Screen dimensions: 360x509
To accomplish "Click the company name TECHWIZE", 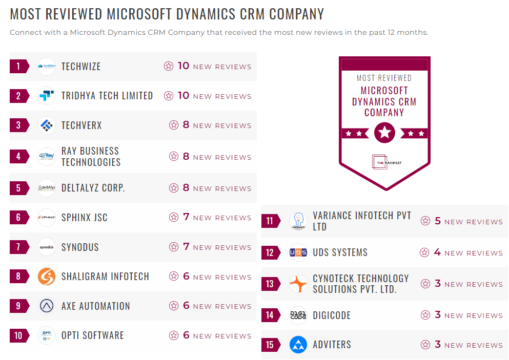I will [x=81, y=67].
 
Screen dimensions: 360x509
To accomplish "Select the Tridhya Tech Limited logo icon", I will [x=47, y=96].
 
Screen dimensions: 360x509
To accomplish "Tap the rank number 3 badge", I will [x=18, y=125].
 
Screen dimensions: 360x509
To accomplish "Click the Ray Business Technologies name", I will [x=91, y=157].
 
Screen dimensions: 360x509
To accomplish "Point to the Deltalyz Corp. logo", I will [x=47, y=188].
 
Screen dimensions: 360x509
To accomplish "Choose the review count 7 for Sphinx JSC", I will [x=186, y=217].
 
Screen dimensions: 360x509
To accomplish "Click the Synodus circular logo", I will [x=47, y=247].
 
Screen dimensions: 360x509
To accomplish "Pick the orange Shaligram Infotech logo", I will [x=47, y=277].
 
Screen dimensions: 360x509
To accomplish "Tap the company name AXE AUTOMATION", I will [x=95, y=306].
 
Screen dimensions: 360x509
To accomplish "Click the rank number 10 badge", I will [x=18, y=335].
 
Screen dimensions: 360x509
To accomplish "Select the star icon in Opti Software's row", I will [x=174, y=335].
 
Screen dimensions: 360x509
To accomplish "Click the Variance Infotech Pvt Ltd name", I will [x=362, y=221].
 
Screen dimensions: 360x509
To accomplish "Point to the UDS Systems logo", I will [x=298, y=252].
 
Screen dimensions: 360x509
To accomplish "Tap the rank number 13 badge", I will [x=270, y=284].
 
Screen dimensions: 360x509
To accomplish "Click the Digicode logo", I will [x=298, y=315].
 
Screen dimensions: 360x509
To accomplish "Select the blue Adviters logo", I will [x=298, y=345].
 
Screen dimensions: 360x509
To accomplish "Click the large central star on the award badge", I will [x=384, y=133].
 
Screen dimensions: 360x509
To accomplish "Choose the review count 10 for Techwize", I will [x=184, y=66].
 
